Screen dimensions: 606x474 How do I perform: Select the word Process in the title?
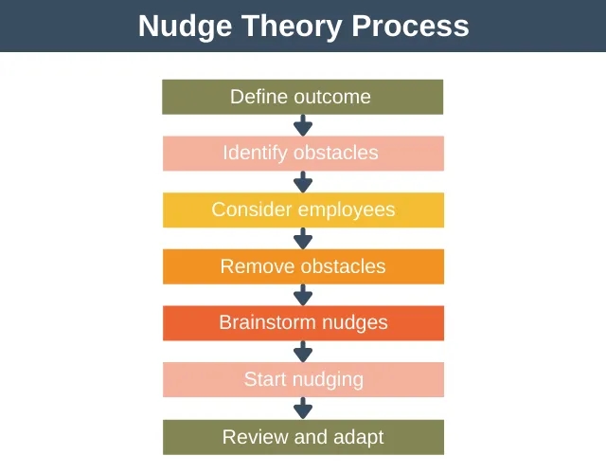pos(410,26)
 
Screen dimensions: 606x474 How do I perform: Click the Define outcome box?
pos(303,97)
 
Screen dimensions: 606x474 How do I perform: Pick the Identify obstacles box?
pos(303,154)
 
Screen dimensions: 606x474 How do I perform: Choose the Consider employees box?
pos(303,210)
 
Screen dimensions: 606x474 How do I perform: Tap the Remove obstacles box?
pos(303,266)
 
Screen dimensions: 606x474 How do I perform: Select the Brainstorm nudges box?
pos(303,323)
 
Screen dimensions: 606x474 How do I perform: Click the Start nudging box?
pos(303,379)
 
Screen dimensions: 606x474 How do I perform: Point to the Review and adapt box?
pos(303,437)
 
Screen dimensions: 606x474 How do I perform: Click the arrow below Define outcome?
pos(303,125)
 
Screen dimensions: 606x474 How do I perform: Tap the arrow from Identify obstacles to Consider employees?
pos(303,182)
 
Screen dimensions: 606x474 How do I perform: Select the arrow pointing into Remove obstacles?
pos(303,238)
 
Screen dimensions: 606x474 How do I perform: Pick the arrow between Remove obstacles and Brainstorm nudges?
pos(303,295)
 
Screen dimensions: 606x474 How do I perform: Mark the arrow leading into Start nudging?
pos(303,352)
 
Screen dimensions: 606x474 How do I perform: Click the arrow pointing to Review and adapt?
pos(303,408)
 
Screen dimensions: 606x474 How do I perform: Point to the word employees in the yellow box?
pos(347,210)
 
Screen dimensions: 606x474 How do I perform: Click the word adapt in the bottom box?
pos(358,438)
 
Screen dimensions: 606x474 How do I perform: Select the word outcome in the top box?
pos(332,97)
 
